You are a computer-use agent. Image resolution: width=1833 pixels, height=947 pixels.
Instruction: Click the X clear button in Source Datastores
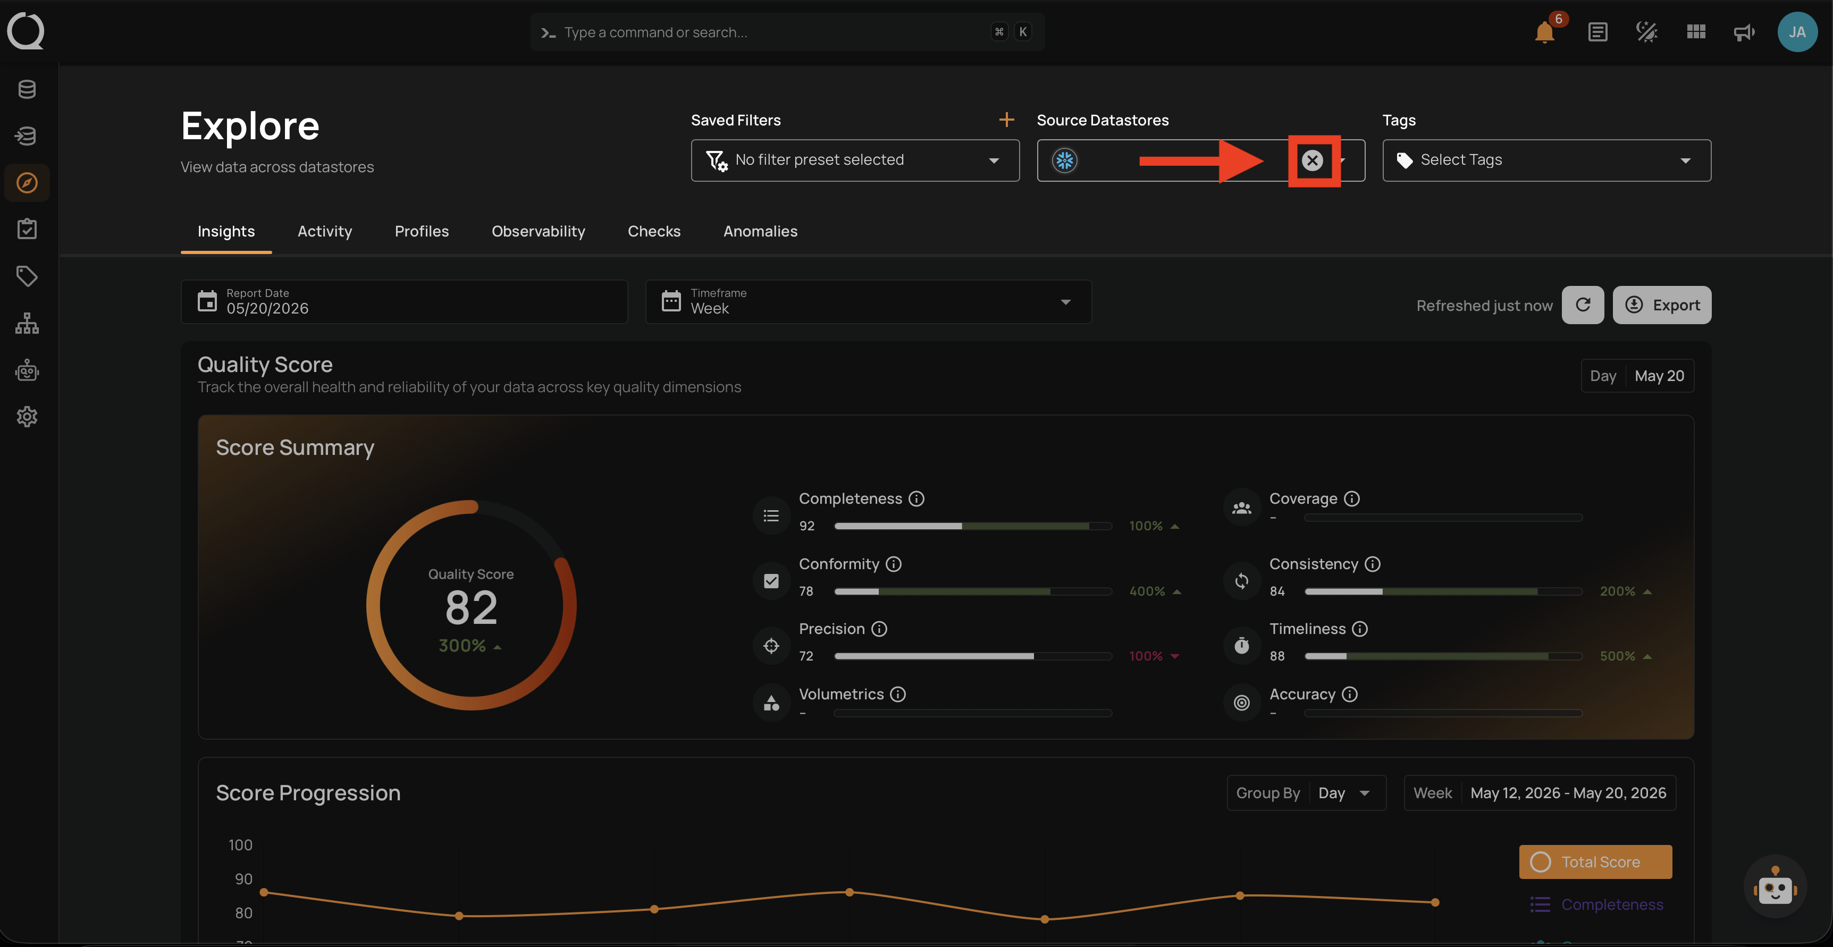1312,160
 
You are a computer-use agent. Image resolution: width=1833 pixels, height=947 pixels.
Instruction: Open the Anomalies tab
760,231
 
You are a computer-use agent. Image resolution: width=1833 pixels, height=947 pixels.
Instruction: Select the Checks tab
654,231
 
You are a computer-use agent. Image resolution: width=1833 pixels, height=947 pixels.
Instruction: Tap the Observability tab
538,231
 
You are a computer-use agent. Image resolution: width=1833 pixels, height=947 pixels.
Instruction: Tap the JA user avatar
1797,32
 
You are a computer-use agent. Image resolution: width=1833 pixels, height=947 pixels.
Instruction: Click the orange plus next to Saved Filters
1006,120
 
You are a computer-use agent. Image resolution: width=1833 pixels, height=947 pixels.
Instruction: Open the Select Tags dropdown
1546,160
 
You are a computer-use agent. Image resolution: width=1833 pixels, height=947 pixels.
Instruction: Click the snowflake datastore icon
1064,160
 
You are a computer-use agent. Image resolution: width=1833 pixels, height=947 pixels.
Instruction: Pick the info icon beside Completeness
916,499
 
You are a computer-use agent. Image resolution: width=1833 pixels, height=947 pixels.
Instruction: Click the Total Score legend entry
1595,861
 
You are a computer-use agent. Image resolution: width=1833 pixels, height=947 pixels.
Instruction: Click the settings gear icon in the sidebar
27,417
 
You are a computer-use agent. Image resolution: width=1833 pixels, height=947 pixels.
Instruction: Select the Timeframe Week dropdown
868,302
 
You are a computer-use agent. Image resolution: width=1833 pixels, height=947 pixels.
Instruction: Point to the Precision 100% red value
1146,656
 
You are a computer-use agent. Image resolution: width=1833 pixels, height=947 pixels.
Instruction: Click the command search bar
787,32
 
